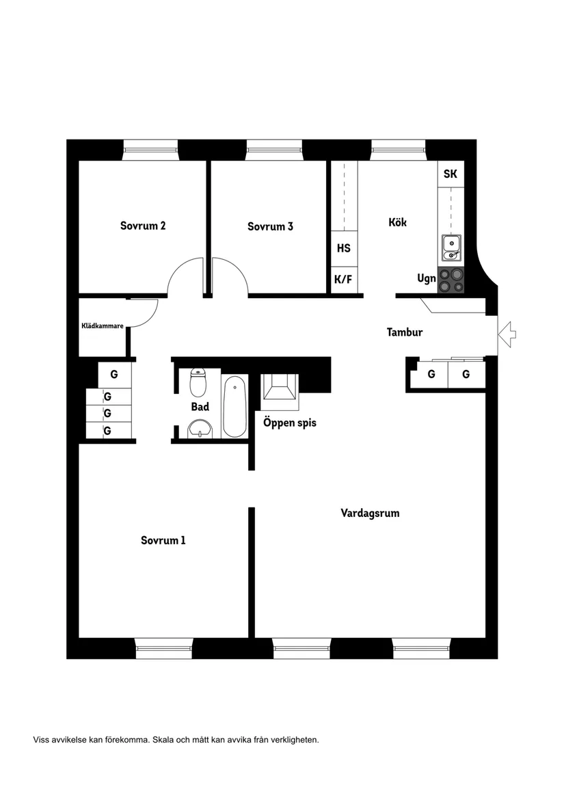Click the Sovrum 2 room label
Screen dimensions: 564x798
[142, 226]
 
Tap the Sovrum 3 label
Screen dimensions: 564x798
[270, 226]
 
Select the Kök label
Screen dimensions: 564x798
[398, 222]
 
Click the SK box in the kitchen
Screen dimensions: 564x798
[451, 174]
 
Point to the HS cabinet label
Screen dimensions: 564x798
[344, 248]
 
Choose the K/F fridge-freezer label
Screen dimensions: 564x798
[343, 280]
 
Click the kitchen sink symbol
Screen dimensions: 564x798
[451, 248]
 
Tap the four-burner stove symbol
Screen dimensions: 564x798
[451, 280]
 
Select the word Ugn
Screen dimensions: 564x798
[427, 279]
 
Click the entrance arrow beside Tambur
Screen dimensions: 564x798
[507, 334]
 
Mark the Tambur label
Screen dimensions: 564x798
[405, 332]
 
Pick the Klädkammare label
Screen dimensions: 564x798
[103, 325]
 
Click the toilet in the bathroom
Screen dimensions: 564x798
[198, 382]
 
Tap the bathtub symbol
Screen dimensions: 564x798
[234, 407]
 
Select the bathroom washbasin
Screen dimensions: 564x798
[200, 429]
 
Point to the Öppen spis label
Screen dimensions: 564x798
[290, 423]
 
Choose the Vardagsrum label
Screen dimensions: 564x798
[370, 513]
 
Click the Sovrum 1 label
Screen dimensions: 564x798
[163, 540]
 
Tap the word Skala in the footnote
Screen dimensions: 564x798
[163, 740]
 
